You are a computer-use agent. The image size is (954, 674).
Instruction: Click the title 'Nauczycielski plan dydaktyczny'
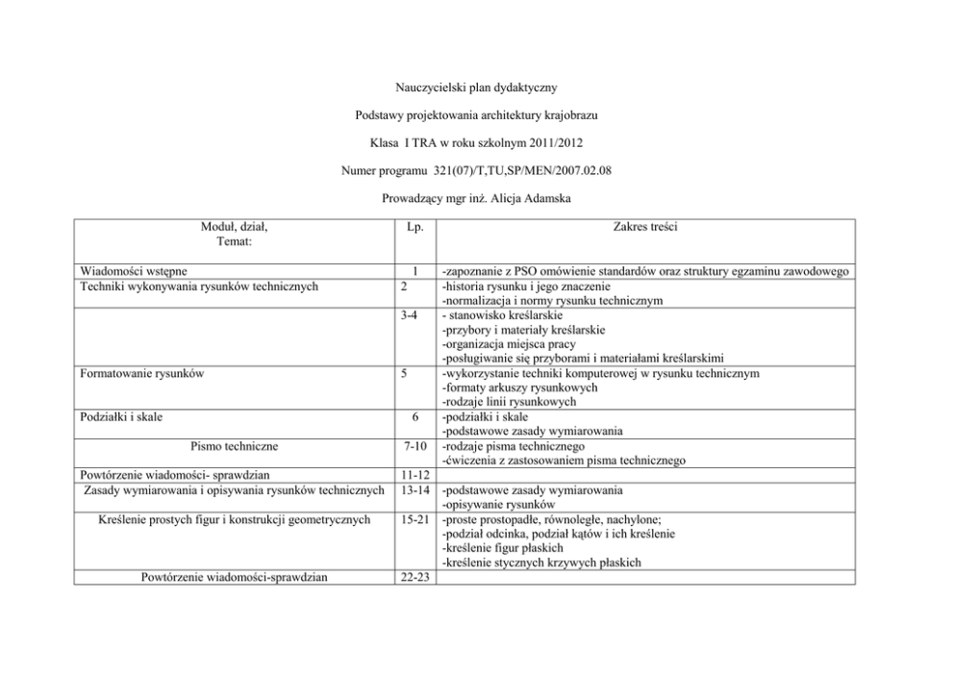click(476, 88)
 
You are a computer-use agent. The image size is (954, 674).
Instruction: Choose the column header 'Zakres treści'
click(642, 228)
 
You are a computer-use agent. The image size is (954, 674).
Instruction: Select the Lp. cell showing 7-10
click(414, 445)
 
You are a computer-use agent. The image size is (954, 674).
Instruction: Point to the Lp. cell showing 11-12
click(414, 475)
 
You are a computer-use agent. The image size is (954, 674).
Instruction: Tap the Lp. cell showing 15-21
click(414, 519)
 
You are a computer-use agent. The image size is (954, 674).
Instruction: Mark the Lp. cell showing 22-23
click(414, 577)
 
